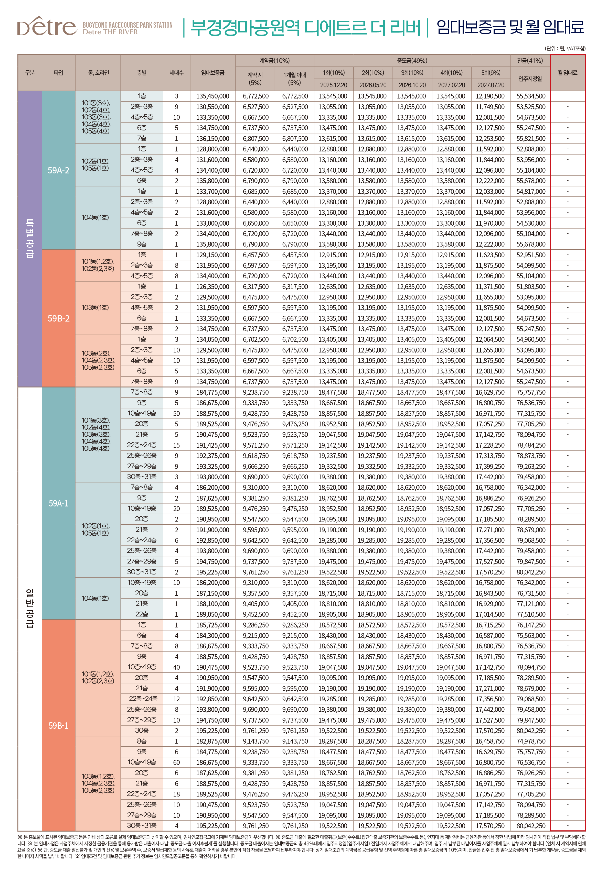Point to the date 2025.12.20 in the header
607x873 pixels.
[x=334, y=85]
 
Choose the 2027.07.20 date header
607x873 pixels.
[x=491, y=85]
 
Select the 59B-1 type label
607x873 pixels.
[x=59, y=725]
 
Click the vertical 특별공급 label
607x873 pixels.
[x=30, y=238]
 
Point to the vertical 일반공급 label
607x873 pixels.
[x=30, y=608]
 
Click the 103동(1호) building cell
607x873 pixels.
[x=95, y=307]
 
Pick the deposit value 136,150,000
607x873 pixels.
[x=212, y=139]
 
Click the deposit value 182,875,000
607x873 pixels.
[x=212, y=741]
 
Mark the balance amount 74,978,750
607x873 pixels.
[x=530, y=741]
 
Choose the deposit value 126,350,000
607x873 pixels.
[x=212, y=286]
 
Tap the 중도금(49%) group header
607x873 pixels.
[x=412, y=60]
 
